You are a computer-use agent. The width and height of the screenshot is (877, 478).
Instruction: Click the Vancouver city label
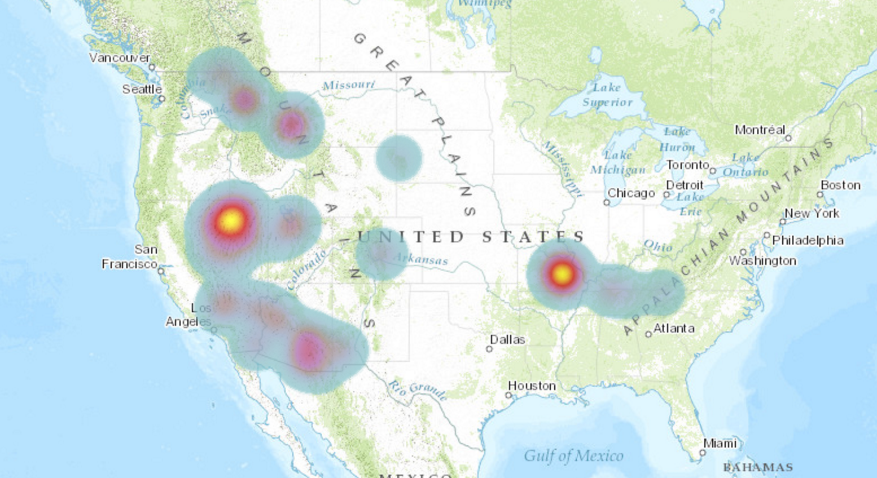pyautogui.click(x=120, y=57)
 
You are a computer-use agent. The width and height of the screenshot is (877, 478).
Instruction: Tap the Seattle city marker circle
pyautogui.click(x=162, y=99)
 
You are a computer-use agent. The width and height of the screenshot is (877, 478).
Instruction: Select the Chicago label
pyautogui.click(x=631, y=193)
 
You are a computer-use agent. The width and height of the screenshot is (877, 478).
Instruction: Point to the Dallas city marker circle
pyautogui.click(x=489, y=349)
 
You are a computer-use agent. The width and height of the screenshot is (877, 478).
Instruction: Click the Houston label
pyautogui.click(x=532, y=386)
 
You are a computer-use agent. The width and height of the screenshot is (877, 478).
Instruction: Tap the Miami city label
pyautogui.click(x=720, y=444)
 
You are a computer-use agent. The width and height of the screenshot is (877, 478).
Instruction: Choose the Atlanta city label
pyautogui.click(x=674, y=328)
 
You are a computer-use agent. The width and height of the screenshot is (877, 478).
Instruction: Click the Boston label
pyautogui.click(x=840, y=185)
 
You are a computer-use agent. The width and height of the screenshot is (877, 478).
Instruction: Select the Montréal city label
pyautogui.click(x=760, y=130)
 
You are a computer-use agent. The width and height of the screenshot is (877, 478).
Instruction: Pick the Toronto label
pyautogui.click(x=687, y=165)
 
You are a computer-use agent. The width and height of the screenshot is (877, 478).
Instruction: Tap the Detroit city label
pyautogui.click(x=685, y=185)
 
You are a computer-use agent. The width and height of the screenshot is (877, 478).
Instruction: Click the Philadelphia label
pyautogui.click(x=808, y=241)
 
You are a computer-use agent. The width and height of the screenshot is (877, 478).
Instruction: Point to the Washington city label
pyautogui.click(x=762, y=261)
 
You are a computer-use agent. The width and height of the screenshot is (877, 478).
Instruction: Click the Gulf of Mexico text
pyautogui.click(x=573, y=455)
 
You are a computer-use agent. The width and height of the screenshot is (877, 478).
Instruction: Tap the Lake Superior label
pyautogui.click(x=607, y=95)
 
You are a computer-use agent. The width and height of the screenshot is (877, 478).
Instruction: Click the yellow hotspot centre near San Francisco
pyautogui.click(x=231, y=220)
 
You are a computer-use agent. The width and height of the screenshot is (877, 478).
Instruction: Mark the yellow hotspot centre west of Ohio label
pyautogui.click(x=562, y=275)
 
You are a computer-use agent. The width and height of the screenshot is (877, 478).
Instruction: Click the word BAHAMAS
pyautogui.click(x=758, y=467)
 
